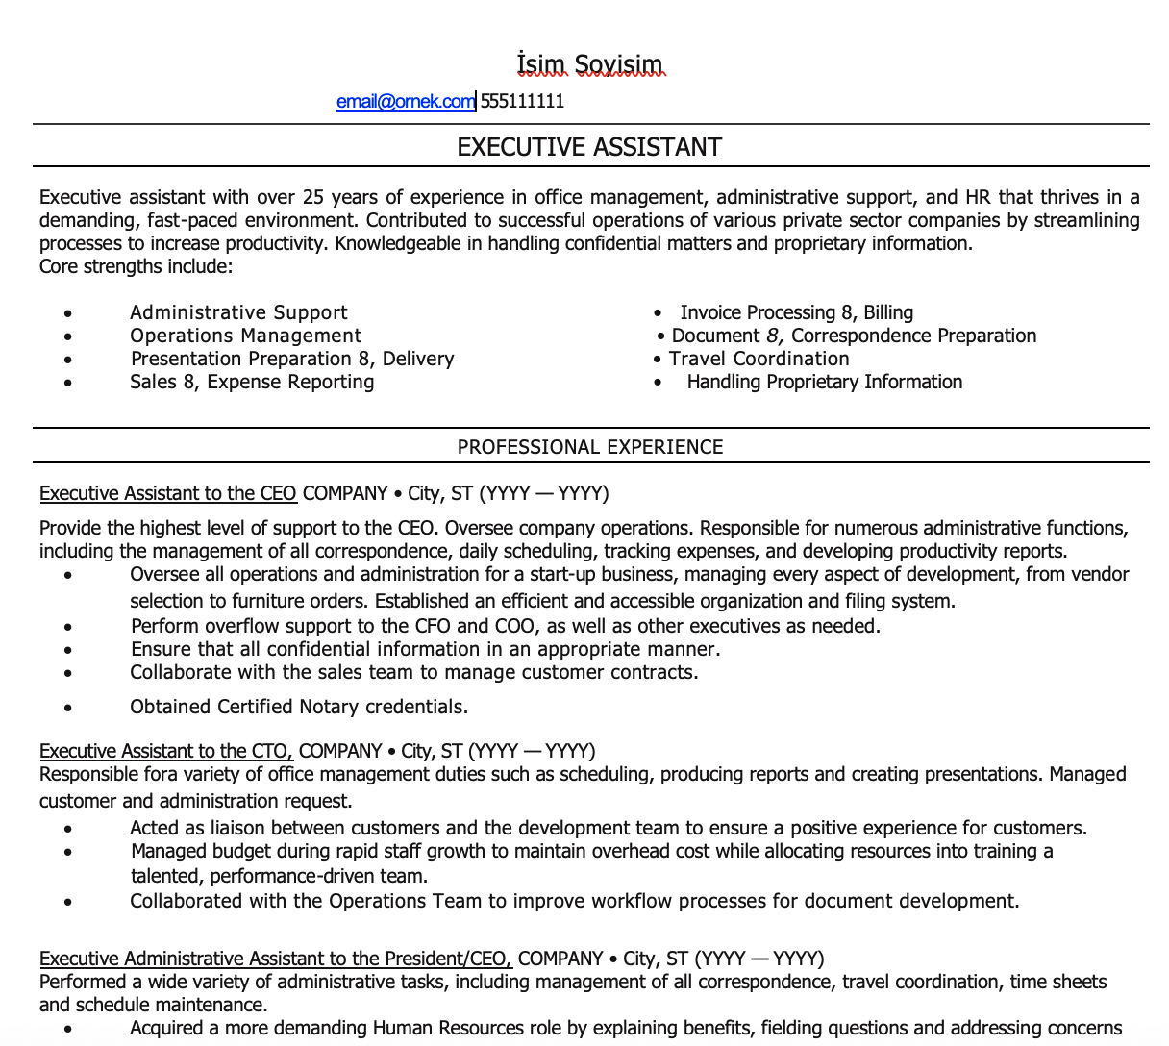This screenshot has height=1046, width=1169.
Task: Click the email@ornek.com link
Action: (405, 101)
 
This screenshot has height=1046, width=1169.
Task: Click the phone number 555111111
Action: (522, 101)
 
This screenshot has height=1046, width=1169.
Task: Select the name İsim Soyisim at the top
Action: (589, 65)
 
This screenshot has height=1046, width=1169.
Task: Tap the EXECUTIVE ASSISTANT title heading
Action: (589, 147)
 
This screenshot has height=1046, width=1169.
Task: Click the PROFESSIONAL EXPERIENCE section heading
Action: (590, 447)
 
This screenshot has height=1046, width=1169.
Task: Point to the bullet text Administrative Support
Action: (238, 312)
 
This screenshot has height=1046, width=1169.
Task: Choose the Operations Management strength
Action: (246, 336)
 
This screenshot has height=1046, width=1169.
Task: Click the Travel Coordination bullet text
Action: (759, 359)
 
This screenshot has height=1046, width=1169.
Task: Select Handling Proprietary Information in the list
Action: (824, 382)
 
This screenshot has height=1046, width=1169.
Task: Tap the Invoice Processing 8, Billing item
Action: (796, 312)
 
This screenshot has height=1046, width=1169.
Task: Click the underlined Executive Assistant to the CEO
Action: (168, 493)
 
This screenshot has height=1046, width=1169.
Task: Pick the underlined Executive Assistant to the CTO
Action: (165, 751)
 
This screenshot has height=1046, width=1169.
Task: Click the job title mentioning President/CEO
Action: (276, 959)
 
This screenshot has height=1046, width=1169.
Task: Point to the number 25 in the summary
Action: (313, 197)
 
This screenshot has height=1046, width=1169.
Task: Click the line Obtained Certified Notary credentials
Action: (299, 707)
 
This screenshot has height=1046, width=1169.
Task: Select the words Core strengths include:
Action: (136, 266)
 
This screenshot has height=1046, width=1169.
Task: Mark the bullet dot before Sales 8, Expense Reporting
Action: (67, 383)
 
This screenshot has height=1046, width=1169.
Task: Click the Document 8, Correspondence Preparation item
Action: (854, 336)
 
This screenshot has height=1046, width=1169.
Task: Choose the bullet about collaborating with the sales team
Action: (414, 672)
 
